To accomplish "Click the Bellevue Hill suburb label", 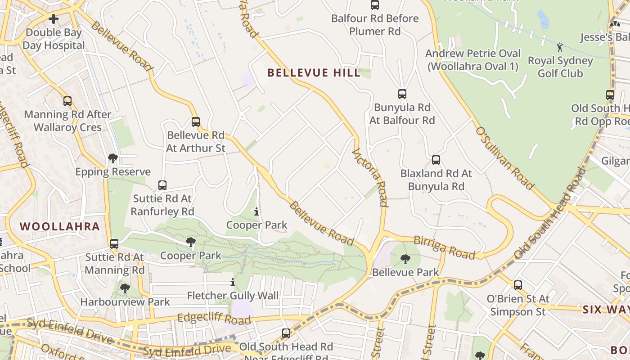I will (314, 72).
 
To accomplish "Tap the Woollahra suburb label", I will (60, 226).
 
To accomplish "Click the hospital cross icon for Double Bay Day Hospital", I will (54, 19).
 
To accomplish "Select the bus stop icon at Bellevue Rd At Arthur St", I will (195, 121).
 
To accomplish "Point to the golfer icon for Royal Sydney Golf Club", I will (560, 47).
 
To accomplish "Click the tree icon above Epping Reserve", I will (112, 158).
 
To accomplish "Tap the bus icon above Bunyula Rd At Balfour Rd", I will (402, 94).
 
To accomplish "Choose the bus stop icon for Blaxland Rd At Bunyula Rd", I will (436, 160).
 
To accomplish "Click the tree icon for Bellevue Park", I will (405, 259).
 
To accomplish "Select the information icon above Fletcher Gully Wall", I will (232, 283).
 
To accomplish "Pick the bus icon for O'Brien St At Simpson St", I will (517, 285).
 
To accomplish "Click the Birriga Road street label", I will (444, 247).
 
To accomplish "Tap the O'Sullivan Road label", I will (505, 158).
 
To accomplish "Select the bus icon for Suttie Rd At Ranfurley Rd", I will (162, 185).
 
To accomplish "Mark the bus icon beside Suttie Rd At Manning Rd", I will (114, 244).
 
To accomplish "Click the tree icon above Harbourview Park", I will (125, 288).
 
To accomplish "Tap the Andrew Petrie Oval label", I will (472, 60).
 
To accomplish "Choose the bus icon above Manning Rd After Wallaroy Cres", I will (67, 101).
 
